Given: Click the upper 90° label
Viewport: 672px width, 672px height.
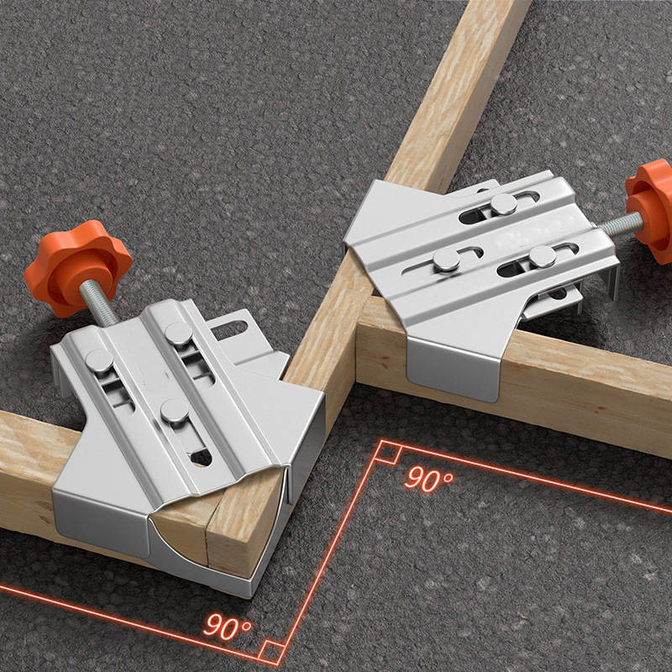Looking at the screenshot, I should point(428,480).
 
